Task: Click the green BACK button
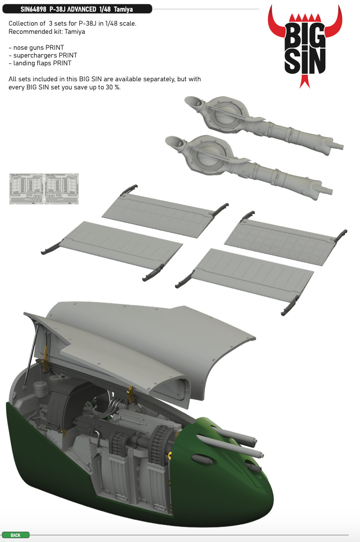tap(16, 535)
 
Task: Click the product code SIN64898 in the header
tap(33, 9)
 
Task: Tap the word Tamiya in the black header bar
tap(123, 9)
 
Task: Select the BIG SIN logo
tap(305, 46)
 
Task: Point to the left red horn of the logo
tap(276, 24)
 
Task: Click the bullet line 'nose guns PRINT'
tap(36, 47)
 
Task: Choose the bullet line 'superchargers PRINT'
tap(43, 56)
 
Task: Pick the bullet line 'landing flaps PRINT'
tap(40, 63)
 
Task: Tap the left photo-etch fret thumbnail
tap(26, 189)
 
